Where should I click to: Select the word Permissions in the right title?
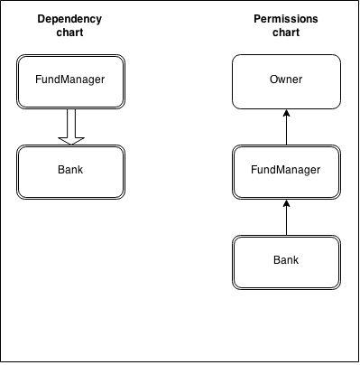286,19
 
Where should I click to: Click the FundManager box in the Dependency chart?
71,79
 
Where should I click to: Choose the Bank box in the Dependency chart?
71,168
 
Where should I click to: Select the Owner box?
286,80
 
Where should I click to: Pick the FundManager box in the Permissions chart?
286,169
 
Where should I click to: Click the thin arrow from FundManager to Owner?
286,126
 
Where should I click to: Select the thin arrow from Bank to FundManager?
286,217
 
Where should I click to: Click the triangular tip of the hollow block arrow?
71,139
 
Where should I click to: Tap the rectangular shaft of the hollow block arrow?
71,119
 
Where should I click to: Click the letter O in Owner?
273,80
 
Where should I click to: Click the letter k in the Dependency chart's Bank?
82,168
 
